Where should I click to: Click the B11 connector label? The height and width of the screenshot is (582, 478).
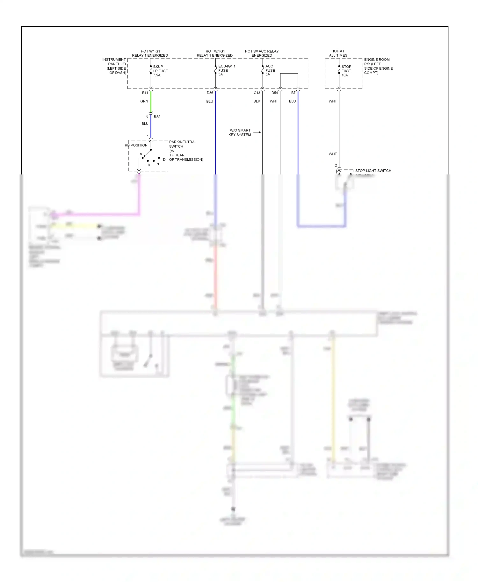point(145,93)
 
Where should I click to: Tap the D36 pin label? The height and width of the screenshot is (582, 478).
point(210,93)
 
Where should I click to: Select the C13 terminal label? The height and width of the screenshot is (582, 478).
point(257,93)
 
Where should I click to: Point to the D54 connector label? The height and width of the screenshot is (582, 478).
point(274,93)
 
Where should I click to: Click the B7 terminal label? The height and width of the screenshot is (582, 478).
point(293,93)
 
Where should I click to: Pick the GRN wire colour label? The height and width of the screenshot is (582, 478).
point(144,101)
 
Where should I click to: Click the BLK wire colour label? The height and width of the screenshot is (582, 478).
point(257,101)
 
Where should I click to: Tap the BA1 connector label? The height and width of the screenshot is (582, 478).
point(157,116)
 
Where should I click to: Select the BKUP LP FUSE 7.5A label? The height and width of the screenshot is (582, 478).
point(160,71)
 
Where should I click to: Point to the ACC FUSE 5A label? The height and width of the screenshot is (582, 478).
point(270,70)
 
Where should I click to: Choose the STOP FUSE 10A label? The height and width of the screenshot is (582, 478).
point(346,71)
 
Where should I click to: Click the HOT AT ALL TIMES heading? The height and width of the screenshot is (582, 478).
point(338,53)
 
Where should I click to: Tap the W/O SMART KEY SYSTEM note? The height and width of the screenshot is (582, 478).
point(240,132)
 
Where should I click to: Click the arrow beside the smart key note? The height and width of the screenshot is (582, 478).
point(257,132)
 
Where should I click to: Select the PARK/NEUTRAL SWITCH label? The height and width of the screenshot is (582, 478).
point(183,144)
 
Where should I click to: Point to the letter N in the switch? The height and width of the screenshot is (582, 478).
point(158,164)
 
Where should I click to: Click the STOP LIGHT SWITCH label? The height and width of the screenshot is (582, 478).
point(373,171)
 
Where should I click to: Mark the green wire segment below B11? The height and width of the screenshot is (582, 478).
point(151,102)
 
